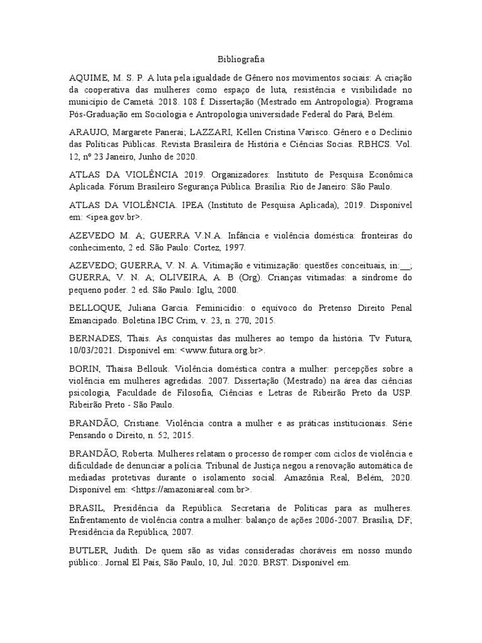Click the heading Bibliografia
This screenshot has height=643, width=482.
241,60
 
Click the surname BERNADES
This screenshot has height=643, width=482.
98,338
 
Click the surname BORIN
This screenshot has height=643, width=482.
86,369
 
